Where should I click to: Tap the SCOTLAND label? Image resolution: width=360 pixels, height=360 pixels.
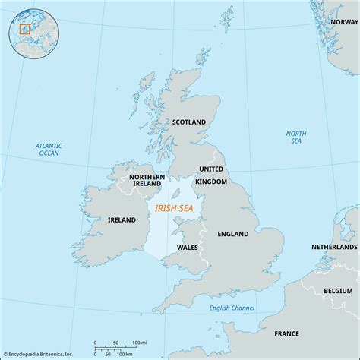coord(190,122)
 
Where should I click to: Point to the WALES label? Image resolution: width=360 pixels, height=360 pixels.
coord(188,247)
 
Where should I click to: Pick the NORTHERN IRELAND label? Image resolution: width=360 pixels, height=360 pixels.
coord(147,179)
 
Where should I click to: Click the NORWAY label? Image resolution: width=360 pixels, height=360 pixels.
coord(343,22)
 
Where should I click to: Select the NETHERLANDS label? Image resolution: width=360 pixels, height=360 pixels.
coord(334,248)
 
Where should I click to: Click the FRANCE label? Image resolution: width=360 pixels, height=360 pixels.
coord(286,333)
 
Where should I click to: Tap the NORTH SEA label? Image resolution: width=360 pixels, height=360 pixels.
coord(296,137)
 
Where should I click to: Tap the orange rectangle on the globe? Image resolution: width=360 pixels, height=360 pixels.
coord(24,29)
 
